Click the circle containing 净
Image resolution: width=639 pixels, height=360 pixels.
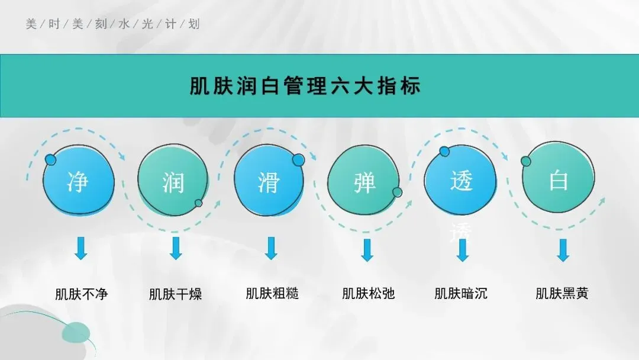79,179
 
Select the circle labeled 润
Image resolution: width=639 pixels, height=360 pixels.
173,181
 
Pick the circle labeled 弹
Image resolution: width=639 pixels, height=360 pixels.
364,181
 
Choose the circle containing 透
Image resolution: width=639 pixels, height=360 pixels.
461,179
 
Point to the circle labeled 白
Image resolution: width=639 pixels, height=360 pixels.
558,179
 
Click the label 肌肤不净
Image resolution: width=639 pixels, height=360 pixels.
82,294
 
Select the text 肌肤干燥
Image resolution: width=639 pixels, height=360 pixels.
176,294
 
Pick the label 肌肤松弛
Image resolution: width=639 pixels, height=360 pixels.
368,293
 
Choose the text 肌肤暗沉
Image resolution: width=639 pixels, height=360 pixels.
461,293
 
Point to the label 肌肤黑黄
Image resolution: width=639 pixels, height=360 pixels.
562,293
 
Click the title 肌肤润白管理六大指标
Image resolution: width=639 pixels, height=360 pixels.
305,86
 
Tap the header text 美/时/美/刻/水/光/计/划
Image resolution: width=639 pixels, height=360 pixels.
113,24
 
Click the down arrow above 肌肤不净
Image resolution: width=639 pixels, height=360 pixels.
81,248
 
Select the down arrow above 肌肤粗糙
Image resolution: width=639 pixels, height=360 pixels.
271,248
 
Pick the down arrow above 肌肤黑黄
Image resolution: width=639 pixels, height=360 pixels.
563,250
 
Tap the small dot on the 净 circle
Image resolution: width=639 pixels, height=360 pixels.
51,160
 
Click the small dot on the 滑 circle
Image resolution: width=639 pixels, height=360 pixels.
298,159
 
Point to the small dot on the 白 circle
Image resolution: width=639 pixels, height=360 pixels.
525,161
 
